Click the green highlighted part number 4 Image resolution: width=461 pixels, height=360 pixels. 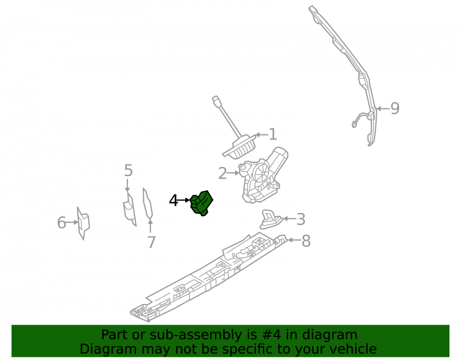point(201,203)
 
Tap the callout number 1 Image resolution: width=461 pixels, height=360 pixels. point(273,134)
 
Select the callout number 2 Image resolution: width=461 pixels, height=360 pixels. point(223,173)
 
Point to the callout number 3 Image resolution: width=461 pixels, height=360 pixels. point(301,219)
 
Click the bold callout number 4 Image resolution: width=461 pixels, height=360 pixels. point(173,201)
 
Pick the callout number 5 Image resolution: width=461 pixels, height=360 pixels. point(129,171)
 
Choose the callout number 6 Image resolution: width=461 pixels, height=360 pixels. point(61,223)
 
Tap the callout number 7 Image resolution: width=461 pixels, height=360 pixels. point(151,242)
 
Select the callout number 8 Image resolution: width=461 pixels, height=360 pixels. point(306,241)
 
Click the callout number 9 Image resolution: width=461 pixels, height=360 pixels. point(395,108)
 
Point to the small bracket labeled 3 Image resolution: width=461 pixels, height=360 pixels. point(270,219)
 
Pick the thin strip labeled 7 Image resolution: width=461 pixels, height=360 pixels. point(148,204)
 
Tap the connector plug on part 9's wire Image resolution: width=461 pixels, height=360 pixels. point(354,124)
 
